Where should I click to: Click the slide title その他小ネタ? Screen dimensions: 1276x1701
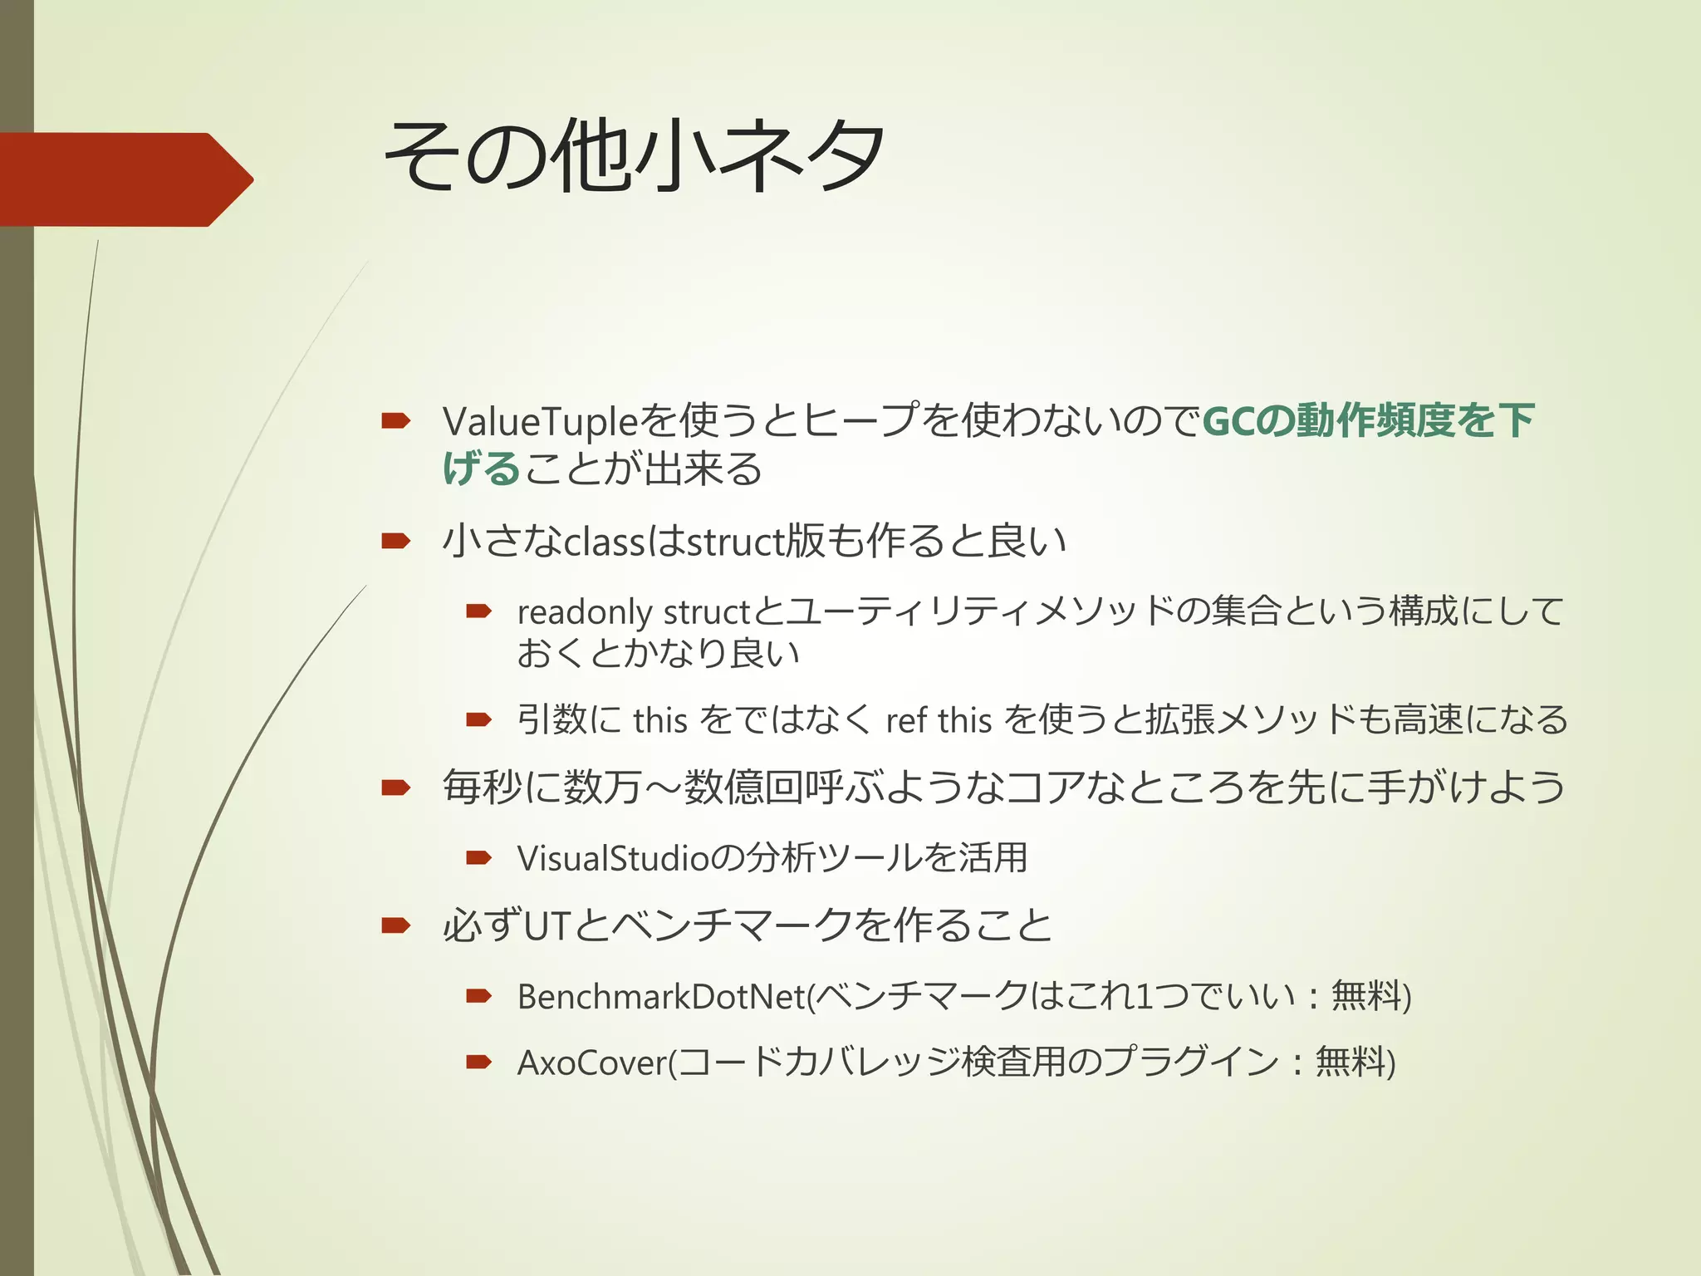pos(635,156)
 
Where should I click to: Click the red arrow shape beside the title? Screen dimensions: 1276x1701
pos(125,179)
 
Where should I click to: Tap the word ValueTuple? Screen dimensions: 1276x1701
pos(540,421)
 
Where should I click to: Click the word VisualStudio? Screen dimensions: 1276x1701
pos(613,858)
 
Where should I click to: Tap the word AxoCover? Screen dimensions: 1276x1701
pos(592,1063)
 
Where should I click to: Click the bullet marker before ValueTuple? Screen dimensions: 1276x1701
pos(395,421)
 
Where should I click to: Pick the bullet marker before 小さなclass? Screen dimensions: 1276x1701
pos(395,542)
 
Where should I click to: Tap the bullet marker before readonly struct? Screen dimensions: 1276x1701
pos(478,612)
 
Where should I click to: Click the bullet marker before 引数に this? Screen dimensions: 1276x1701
pos(478,719)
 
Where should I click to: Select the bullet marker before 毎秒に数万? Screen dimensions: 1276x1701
pos(395,788)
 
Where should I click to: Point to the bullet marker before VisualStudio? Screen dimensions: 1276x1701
pos(478,858)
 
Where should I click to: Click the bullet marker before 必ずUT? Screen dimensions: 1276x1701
pos(395,925)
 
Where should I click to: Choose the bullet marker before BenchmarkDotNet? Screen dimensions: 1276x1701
pos(478,996)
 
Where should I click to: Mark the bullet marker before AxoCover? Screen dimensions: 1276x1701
pos(478,1062)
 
